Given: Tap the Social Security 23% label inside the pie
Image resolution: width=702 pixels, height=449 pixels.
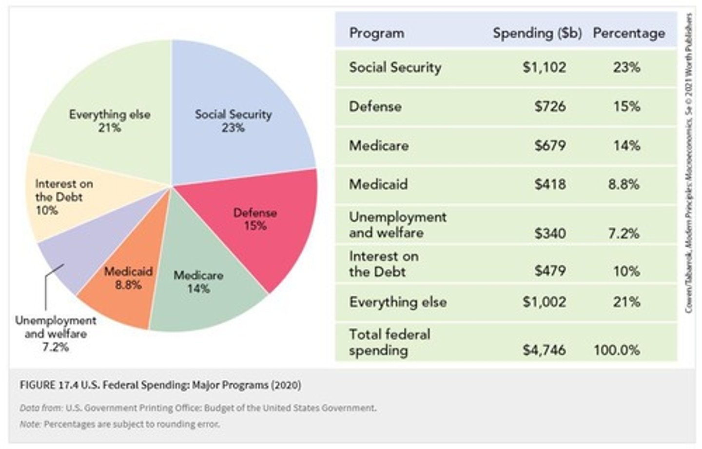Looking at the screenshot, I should click(x=233, y=120).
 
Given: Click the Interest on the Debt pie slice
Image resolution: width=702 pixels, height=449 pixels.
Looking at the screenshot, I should click(x=63, y=197).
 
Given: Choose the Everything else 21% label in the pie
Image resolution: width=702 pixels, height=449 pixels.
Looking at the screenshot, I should click(x=110, y=120).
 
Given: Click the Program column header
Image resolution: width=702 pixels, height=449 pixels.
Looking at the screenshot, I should click(x=376, y=33).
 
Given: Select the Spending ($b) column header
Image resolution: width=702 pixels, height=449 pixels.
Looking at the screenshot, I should click(x=537, y=33).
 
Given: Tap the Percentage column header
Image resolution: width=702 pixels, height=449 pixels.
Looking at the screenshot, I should click(x=628, y=33).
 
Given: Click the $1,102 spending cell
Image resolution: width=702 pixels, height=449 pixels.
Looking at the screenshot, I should click(x=544, y=67).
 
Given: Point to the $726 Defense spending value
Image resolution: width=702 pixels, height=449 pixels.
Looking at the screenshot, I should click(x=550, y=106).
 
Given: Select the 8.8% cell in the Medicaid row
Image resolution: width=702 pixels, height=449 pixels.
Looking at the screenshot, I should click(x=624, y=184).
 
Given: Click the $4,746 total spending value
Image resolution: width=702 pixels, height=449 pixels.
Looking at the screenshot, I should click(x=544, y=350).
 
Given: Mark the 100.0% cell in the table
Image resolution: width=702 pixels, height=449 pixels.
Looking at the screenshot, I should click(x=617, y=350).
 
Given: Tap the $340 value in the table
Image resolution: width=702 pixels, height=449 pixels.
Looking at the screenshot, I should click(x=550, y=233).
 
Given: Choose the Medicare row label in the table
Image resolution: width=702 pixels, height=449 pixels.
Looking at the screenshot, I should click(x=379, y=145).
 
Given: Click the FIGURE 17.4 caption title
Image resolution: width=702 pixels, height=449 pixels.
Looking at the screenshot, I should click(x=160, y=385).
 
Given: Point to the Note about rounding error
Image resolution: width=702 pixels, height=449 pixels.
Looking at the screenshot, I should click(x=120, y=424).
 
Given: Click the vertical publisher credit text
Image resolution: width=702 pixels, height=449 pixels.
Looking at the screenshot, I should click(x=688, y=163).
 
